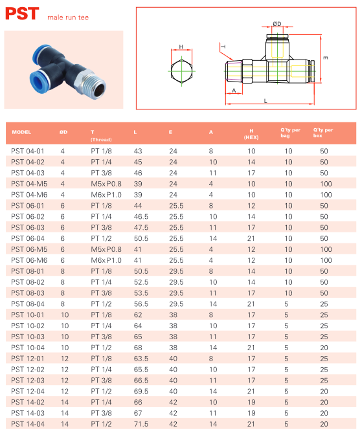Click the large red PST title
tap(22, 14)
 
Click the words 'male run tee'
tap(68, 17)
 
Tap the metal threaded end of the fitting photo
tap(93, 85)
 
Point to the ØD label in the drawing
tap(276, 24)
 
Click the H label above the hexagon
tap(181, 47)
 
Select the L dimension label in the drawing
tap(265, 101)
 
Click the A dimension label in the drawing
tap(234, 91)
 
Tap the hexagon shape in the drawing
tap(181, 71)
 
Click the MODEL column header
tap(21, 132)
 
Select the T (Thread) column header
tap(101, 135)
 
